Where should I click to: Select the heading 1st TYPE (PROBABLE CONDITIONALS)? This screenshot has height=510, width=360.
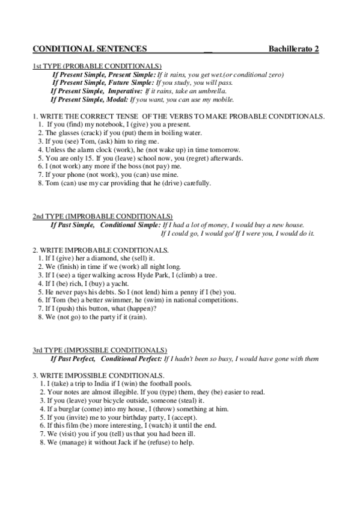pos(97,66)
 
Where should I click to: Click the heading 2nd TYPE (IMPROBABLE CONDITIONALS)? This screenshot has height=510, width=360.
pos(102,216)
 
